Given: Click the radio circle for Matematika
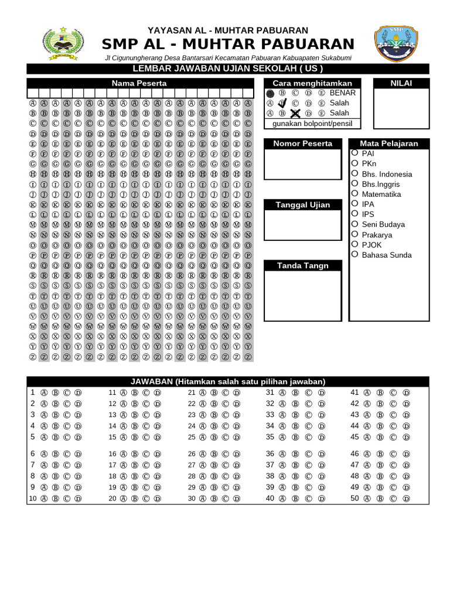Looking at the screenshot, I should pyautogui.click(x=355, y=193).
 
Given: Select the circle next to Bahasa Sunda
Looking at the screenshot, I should pyautogui.click(x=355, y=254).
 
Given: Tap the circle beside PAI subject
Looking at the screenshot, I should pyautogui.click(x=355, y=153).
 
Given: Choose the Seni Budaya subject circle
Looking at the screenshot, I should pyautogui.click(x=355, y=224).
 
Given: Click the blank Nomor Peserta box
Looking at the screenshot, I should pyautogui.click(x=302, y=164).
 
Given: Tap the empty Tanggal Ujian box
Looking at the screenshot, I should pyautogui.click(x=302, y=226).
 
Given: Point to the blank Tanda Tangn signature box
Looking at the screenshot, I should pyautogui.click(x=302, y=296).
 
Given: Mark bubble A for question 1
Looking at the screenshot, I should pyautogui.click(x=44, y=393).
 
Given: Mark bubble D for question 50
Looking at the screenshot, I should pyautogui.click(x=407, y=498).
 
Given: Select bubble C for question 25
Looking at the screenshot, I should pyautogui.click(x=226, y=437).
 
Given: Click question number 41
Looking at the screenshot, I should pyautogui.click(x=354, y=393).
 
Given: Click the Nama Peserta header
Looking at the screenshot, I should pyautogui.click(x=139, y=83).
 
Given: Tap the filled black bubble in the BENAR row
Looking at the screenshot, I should pyautogui.click(x=270, y=93).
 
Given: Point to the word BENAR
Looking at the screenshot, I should pyautogui.click(x=343, y=93).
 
